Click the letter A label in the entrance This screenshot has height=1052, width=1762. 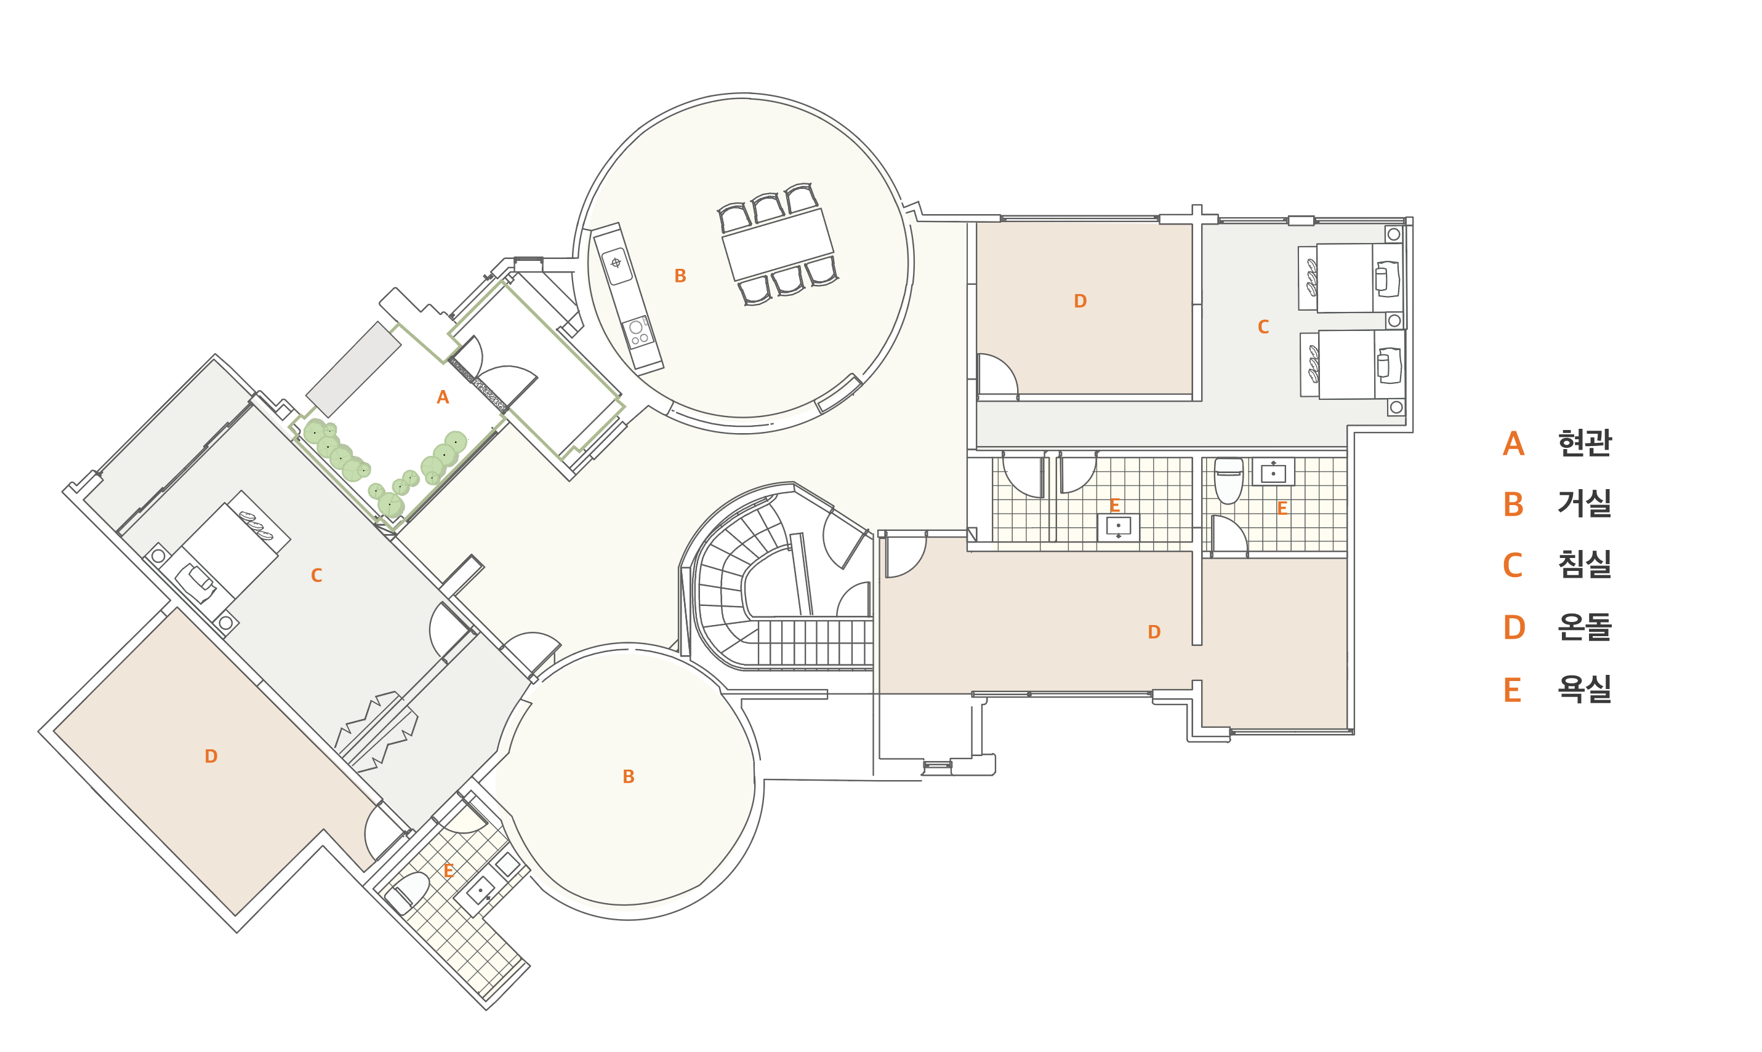[x=443, y=397]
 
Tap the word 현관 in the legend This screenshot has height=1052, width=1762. [x=1584, y=443]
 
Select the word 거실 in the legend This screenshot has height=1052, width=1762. [x=1584, y=504]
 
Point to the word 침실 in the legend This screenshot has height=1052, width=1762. [x=1584, y=565]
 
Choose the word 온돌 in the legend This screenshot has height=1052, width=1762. [x=1584, y=627]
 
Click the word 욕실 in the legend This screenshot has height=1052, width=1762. [x=1584, y=689]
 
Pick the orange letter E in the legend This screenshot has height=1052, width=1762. [x=1512, y=690]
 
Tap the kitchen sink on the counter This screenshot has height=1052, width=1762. [x=616, y=265]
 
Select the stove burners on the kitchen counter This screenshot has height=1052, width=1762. [x=638, y=332]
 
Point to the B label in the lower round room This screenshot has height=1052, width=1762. [x=629, y=777]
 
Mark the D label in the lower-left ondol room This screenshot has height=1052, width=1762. [x=211, y=756]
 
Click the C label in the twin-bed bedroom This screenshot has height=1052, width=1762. [x=1263, y=327]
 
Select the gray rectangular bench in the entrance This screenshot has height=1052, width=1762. [x=353, y=369]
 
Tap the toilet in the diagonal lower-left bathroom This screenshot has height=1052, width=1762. [x=407, y=893]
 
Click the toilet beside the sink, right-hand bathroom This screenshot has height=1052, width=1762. [x=1229, y=480]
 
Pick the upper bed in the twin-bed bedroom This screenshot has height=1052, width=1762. [x=1351, y=278]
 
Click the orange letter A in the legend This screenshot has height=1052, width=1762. [x=1513, y=444]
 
